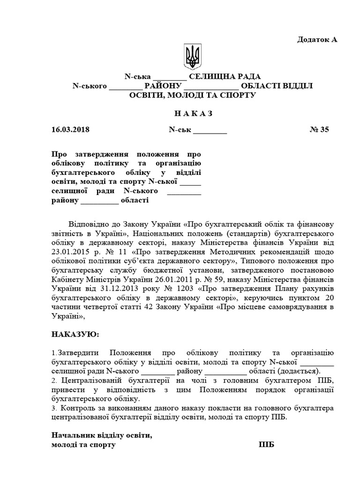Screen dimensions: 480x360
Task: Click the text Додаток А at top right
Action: [317, 39]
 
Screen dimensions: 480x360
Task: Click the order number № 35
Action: [320, 130]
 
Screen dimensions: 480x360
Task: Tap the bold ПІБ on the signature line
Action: [266, 444]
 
